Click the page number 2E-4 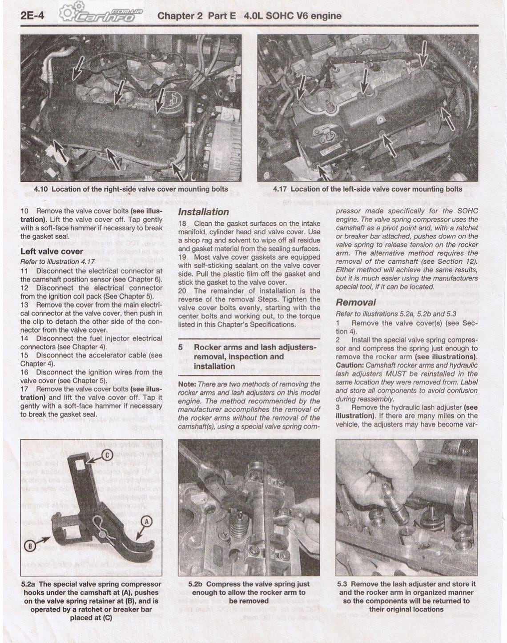[32, 16]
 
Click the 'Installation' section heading [203, 212]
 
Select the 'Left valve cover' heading [52, 251]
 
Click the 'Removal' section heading [356, 303]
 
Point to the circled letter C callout [107, 454]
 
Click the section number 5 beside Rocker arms [181, 347]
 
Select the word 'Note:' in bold [187, 384]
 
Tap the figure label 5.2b [196, 584]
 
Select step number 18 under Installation [182, 224]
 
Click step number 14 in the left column [24, 338]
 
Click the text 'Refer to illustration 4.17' [57, 261]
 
